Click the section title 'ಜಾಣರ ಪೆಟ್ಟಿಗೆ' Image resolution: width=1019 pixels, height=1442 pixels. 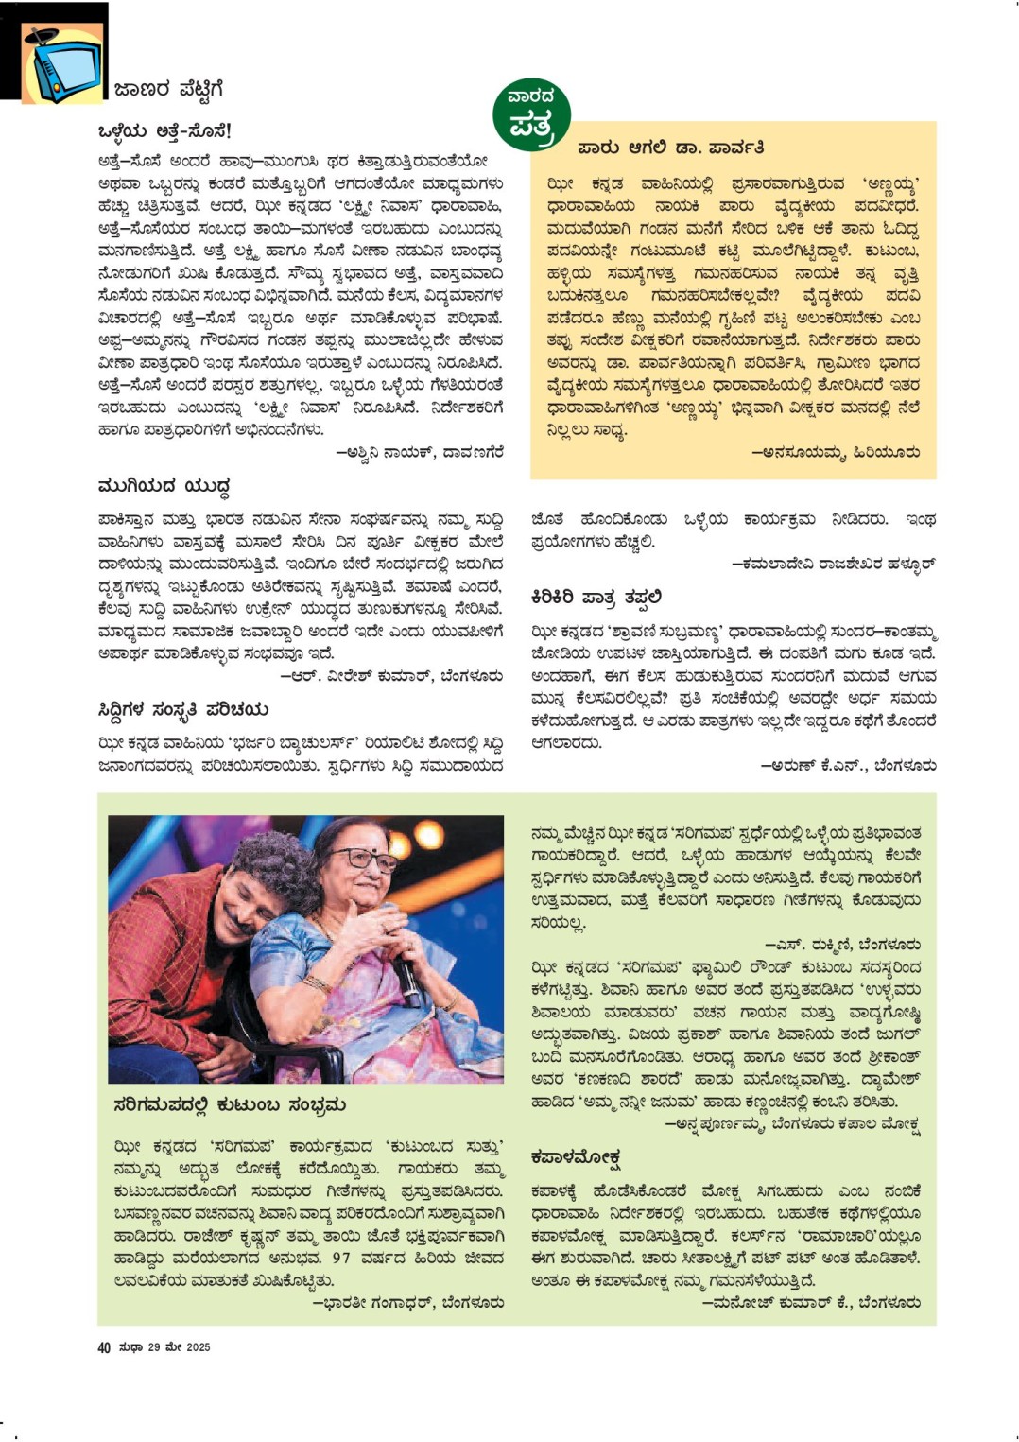click(x=168, y=90)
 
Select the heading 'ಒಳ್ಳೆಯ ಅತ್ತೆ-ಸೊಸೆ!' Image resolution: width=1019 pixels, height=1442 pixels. click(x=164, y=130)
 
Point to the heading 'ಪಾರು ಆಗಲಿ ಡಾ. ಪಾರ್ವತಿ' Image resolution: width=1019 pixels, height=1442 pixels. click(x=670, y=148)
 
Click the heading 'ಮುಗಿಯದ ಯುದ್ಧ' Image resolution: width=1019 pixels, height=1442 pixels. click(x=164, y=486)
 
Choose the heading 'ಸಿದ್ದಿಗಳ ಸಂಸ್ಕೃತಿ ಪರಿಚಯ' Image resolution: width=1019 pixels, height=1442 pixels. click(x=182, y=710)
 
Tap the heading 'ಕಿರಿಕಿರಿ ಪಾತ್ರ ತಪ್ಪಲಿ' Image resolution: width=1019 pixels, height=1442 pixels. click(x=596, y=598)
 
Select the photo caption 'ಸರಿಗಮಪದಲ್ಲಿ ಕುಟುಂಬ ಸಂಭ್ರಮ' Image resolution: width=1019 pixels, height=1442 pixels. click(x=229, y=1104)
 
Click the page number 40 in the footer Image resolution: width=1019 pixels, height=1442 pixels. click(x=104, y=1347)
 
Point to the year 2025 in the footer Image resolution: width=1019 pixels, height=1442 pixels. click(x=198, y=1347)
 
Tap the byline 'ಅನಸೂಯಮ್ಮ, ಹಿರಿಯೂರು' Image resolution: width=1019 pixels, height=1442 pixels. click(x=835, y=452)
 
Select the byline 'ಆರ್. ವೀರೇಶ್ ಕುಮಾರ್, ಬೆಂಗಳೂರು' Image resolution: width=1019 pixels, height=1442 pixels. click(x=391, y=676)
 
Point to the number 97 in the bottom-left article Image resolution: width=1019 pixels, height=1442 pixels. click(x=341, y=1258)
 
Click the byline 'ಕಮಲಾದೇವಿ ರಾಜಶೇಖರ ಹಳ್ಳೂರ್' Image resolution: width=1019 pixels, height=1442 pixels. click(x=833, y=564)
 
